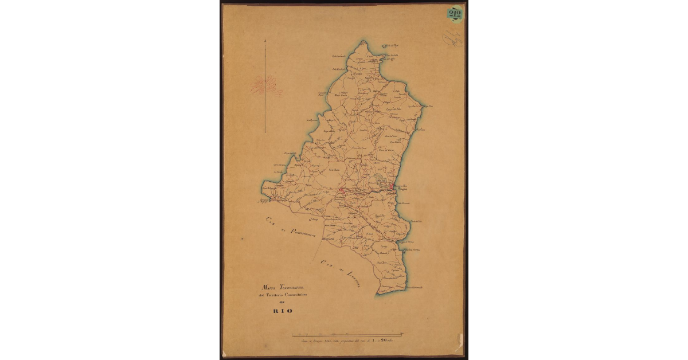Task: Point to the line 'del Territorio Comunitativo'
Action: coord(283,294)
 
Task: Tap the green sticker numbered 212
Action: coord(455,14)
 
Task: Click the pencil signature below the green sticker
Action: coord(452,38)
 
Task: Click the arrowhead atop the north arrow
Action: coord(265,41)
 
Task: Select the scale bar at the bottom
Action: coord(347,334)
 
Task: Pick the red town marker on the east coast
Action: coord(391,186)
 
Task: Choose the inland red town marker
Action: coord(342,190)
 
